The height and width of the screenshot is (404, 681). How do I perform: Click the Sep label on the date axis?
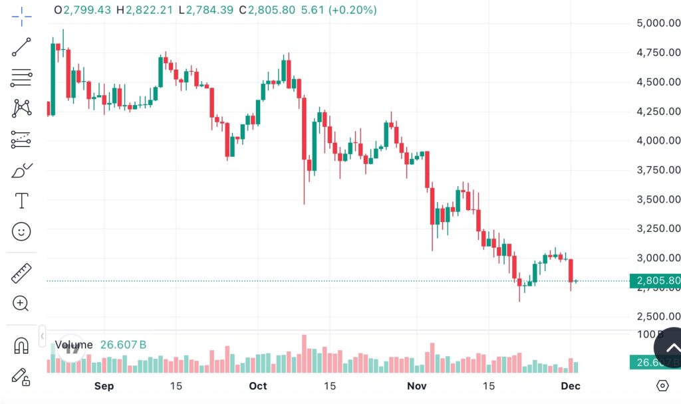coord(104,386)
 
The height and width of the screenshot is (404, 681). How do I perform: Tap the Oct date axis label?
coord(258,386)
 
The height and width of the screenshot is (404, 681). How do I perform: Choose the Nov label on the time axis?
coord(416,386)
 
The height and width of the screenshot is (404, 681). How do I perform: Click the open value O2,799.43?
coord(83,11)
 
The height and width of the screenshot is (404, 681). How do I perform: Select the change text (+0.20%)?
coord(352,11)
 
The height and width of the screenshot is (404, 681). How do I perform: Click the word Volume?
coord(73,345)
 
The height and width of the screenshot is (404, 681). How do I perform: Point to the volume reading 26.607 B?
coord(123,345)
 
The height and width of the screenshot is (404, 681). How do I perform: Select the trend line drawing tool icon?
coord(21,47)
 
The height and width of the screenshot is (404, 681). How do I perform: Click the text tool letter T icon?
coord(21,200)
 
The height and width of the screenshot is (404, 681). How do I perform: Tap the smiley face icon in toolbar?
coord(21,231)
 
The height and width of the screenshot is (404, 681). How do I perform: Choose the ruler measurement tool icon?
coord(21,272)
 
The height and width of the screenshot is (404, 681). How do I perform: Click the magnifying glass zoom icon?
coord(21,304)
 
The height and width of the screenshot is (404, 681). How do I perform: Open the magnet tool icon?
coord(21,346)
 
